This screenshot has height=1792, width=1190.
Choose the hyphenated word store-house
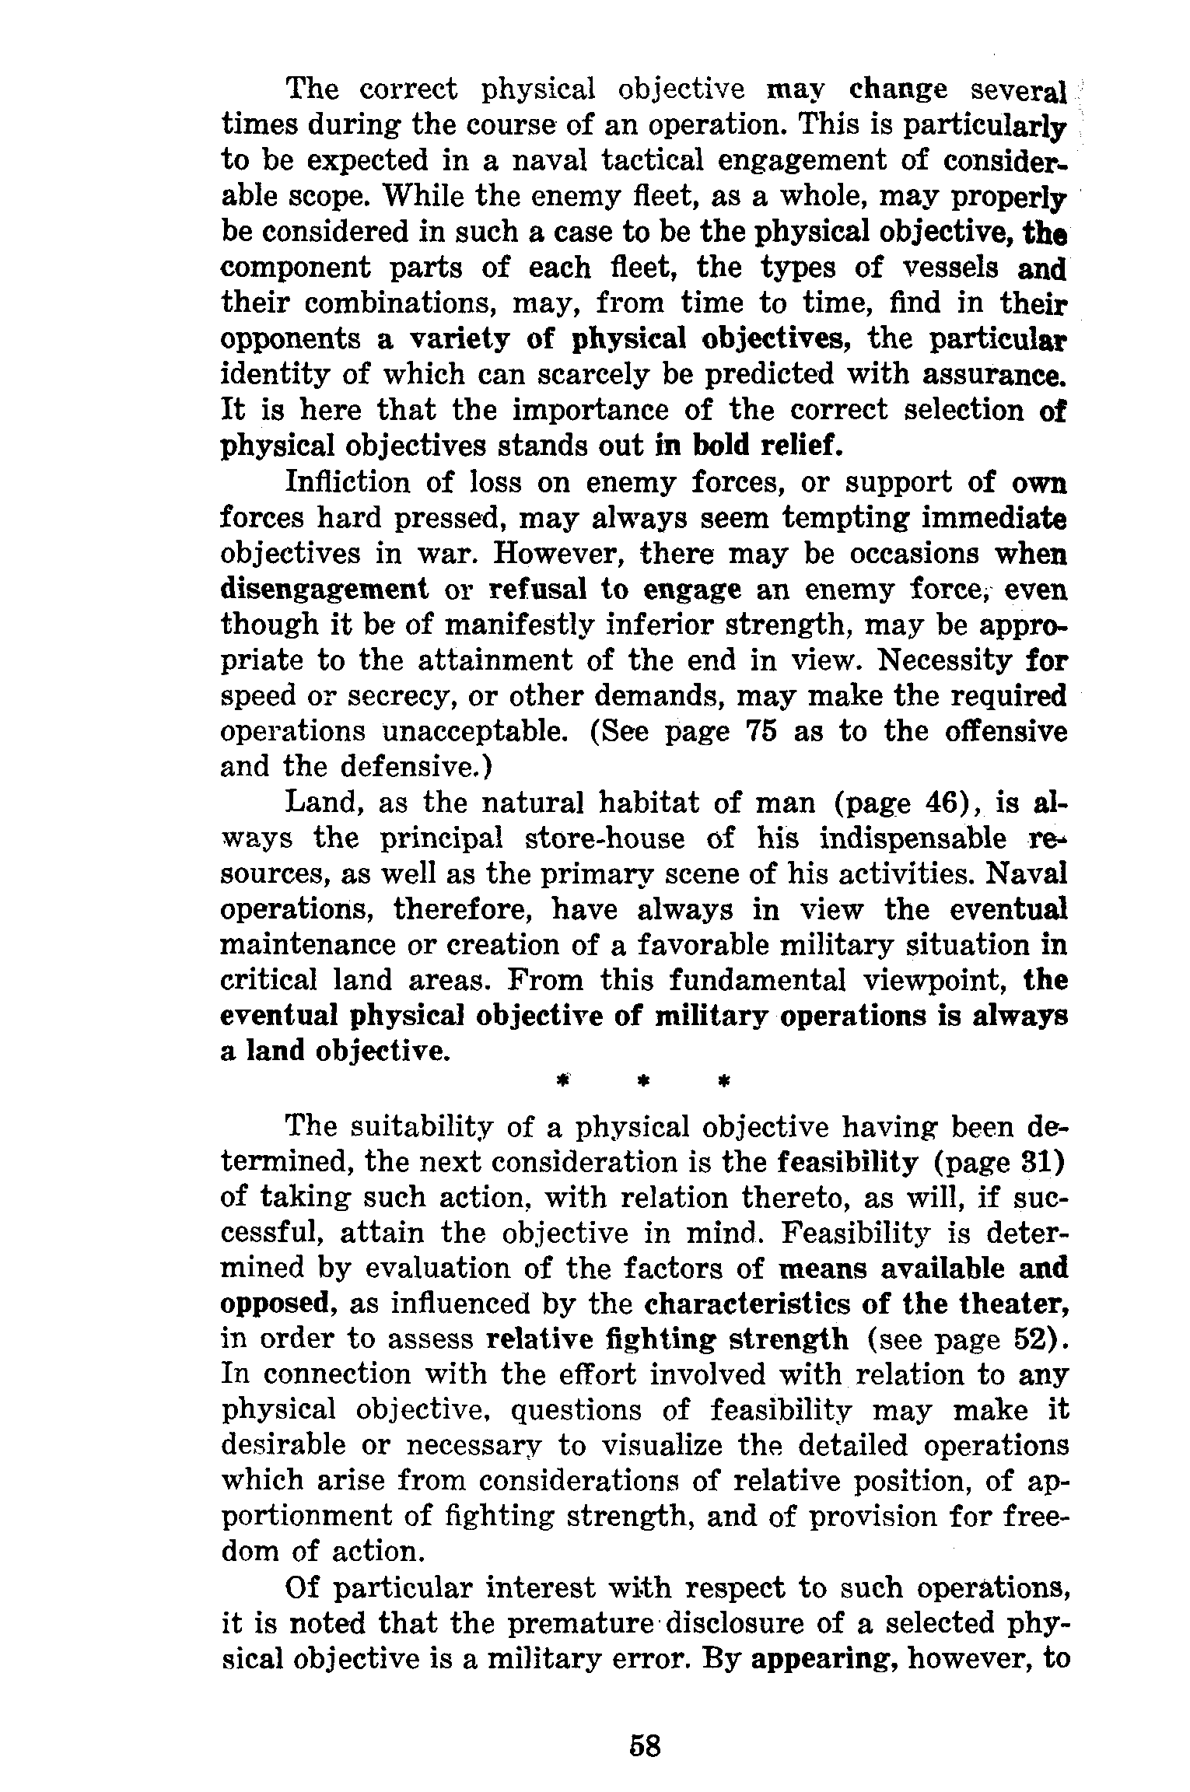click(607, 838)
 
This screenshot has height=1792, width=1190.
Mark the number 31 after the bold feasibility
click(1040, 1164)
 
